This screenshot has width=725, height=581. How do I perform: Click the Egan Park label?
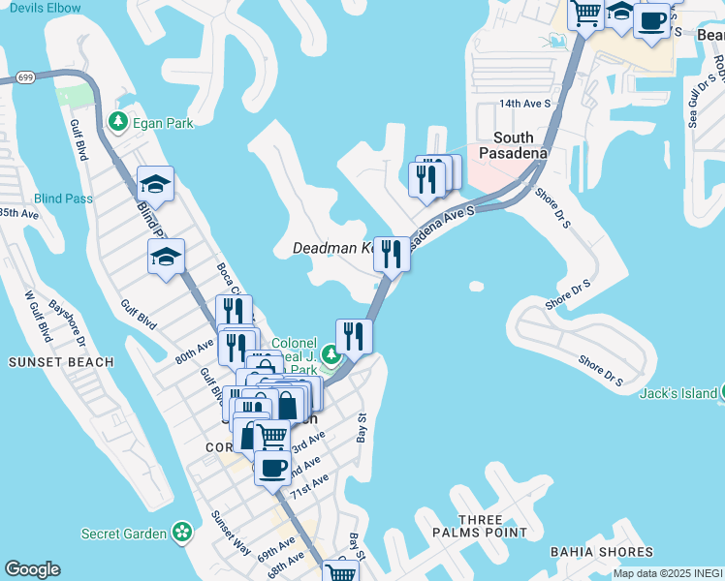coord(164,123)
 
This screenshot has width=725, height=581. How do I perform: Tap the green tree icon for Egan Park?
coord(118,122)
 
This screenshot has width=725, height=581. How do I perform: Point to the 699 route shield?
coord(26,76)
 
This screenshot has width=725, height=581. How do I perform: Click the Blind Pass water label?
coord(63,199)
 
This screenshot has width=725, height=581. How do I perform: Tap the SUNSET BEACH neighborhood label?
coord(61,362)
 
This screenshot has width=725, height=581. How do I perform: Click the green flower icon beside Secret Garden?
coord(180,532)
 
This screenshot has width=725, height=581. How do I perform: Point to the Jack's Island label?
coord(678,392)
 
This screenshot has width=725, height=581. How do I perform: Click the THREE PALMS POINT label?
coord(494,526)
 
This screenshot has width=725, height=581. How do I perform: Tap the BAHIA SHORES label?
coord(601,552)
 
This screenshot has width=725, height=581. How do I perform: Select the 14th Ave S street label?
coord(524,103)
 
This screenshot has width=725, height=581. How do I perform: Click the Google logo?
coord(33,569)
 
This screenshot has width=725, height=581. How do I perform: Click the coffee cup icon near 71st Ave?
coord(272,468)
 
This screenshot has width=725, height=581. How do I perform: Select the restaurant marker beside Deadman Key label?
coord(391,255)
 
